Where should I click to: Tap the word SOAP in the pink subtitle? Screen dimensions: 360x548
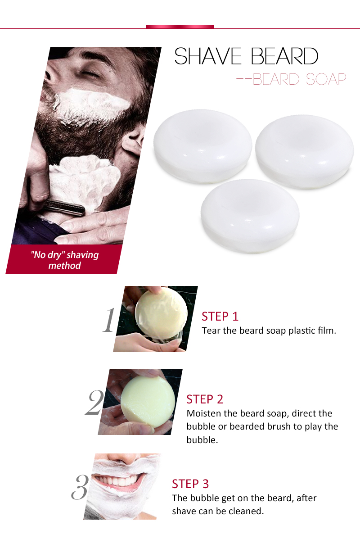pos(326,79)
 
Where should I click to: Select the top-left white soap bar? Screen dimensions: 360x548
pos(203,146)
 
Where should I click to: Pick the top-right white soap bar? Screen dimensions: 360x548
pos(305,152)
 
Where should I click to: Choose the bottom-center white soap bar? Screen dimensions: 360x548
pos(250,216)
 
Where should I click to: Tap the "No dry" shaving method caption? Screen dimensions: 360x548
pos(65,260)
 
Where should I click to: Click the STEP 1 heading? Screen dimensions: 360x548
pos(220,316)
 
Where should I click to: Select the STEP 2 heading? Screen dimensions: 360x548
pos(205,399)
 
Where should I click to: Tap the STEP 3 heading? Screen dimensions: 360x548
pos(190,484)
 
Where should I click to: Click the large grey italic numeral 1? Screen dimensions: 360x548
pos(109,320)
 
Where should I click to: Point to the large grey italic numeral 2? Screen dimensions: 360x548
pos(94,403)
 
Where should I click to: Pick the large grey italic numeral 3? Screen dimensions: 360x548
pos(80,487)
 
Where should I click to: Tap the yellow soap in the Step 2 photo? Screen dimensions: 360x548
pos(148,402)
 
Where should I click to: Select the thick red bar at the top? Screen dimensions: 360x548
pos(180,27)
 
